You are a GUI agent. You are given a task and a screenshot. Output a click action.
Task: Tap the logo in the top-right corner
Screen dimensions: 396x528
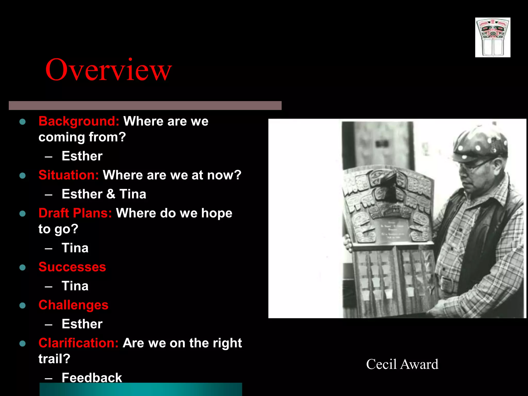493,37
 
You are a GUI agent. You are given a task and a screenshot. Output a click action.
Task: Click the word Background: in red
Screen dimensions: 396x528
79,121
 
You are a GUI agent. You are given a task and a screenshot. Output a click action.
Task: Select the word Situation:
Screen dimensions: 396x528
69,175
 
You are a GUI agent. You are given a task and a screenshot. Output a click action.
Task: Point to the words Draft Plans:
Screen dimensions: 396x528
75,213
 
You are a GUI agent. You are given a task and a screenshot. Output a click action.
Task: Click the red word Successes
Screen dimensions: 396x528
72,267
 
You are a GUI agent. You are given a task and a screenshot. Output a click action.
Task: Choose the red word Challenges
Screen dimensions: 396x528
73,305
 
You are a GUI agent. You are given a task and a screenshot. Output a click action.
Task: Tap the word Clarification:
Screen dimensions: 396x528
78,343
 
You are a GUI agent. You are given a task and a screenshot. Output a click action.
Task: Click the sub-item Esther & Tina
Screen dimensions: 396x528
104,194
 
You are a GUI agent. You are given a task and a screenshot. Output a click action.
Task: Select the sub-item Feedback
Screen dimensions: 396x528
92,378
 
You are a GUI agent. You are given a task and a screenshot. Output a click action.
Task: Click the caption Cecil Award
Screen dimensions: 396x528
402,364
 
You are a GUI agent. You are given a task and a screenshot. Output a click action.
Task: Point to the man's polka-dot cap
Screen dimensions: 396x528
480,144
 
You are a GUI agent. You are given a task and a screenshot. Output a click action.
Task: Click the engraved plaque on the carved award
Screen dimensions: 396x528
393,229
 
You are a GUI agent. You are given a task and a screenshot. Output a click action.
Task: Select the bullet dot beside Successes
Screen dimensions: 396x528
22,267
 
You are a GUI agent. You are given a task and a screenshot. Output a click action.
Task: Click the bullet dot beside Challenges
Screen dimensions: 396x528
22,306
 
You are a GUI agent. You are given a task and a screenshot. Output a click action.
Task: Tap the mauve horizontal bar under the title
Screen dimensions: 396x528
145,105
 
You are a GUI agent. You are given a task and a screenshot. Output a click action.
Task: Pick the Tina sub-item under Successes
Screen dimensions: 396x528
75,286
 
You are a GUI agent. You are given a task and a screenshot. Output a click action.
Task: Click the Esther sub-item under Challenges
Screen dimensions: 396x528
82,324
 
